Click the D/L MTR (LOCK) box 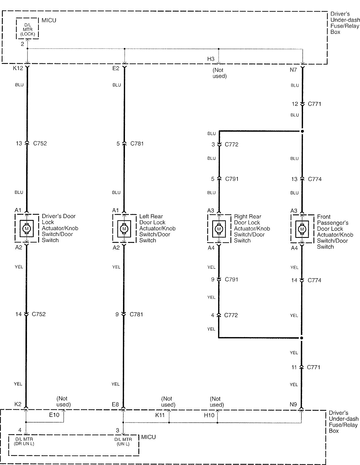[x=28, y=28]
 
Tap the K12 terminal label [x=18, y=68]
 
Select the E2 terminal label [x=116, y=68]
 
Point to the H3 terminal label [x=211, y=59]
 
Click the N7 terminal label [x=293, y=70]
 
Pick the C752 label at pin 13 [x=40, y=143]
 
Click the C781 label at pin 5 [x=137, y=143]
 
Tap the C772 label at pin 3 [x=231, y=144]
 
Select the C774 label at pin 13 [x=315, y=179]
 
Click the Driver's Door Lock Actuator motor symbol [x=27, y=228]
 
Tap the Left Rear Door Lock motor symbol [x=124, y=229]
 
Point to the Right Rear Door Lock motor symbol [x=219, y=229]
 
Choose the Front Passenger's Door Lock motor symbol [x=302, y=229]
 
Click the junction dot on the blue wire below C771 [x=302, y=131]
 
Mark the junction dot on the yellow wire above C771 [x=302, y=338]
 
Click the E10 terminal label [x=54, y=415]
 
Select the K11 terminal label [x=160, y=415]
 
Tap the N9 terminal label [x=293, y=404]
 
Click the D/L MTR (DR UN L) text [x=24, y=441]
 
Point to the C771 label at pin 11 [x=313, y=367]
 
